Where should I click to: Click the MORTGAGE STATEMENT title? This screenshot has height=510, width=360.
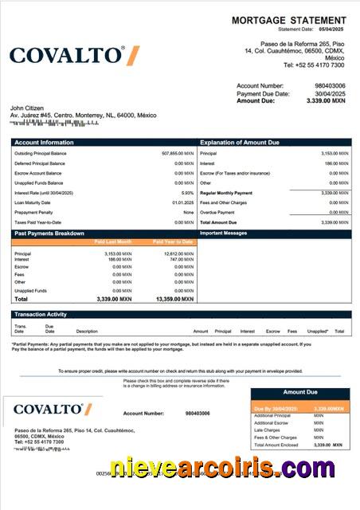pos(288,20)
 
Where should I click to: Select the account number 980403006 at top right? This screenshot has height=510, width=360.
pos(330,85)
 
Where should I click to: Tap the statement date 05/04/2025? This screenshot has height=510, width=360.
pos(333,29)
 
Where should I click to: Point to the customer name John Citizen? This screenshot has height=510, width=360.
pos(26,108)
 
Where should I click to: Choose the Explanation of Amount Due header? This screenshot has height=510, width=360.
pos(239,142)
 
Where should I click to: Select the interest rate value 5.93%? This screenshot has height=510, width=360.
pos(187,193)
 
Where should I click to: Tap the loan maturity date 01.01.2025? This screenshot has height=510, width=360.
pos(182,202)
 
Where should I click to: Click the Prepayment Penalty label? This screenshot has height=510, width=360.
pos(33,213)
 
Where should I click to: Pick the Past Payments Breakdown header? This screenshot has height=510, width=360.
pos(49,233)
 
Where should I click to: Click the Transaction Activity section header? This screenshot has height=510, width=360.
pos(41,315)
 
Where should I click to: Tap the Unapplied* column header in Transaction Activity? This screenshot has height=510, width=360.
pos(317,331)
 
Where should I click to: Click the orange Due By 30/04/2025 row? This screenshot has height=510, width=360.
pos(300,409)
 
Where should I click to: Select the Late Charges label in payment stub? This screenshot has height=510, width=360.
pos(267,430)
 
